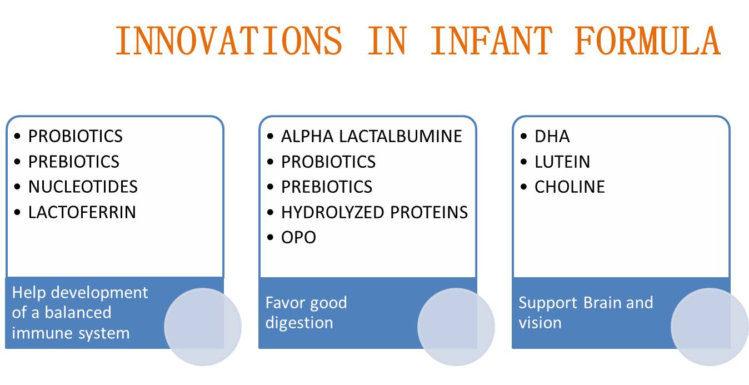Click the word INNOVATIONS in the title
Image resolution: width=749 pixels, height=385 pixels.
click(229, 41)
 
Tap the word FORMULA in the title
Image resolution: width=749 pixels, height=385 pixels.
click(647, 41)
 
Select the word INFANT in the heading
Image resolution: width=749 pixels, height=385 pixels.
click(491, 41)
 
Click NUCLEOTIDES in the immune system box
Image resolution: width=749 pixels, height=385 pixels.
click(83, 187)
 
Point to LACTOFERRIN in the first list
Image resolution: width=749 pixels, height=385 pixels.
click(82, 212)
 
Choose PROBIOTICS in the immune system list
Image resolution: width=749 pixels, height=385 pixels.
click(75, 136)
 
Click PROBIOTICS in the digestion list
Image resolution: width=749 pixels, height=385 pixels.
click(328, 162)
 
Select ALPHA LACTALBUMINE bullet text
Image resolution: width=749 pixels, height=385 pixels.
click(372, 136)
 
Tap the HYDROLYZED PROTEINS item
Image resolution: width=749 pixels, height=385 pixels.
click(374, 212)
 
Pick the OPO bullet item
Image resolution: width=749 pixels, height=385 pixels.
click(298, 237)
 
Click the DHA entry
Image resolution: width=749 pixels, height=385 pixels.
click(552, 136)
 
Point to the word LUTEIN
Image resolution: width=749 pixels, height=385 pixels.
click(562, 162)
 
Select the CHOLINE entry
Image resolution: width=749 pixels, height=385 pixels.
click(570, 187)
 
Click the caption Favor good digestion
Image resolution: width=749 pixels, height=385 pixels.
click(306, 313)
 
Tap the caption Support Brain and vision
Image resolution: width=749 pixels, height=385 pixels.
click(586, 313)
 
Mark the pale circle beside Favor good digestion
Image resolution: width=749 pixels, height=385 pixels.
click(456, 327)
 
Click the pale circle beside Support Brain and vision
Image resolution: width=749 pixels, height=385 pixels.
click(710, 327)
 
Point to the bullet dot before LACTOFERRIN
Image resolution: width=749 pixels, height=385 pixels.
click(17, 212)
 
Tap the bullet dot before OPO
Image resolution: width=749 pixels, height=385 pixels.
click(271, 238)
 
